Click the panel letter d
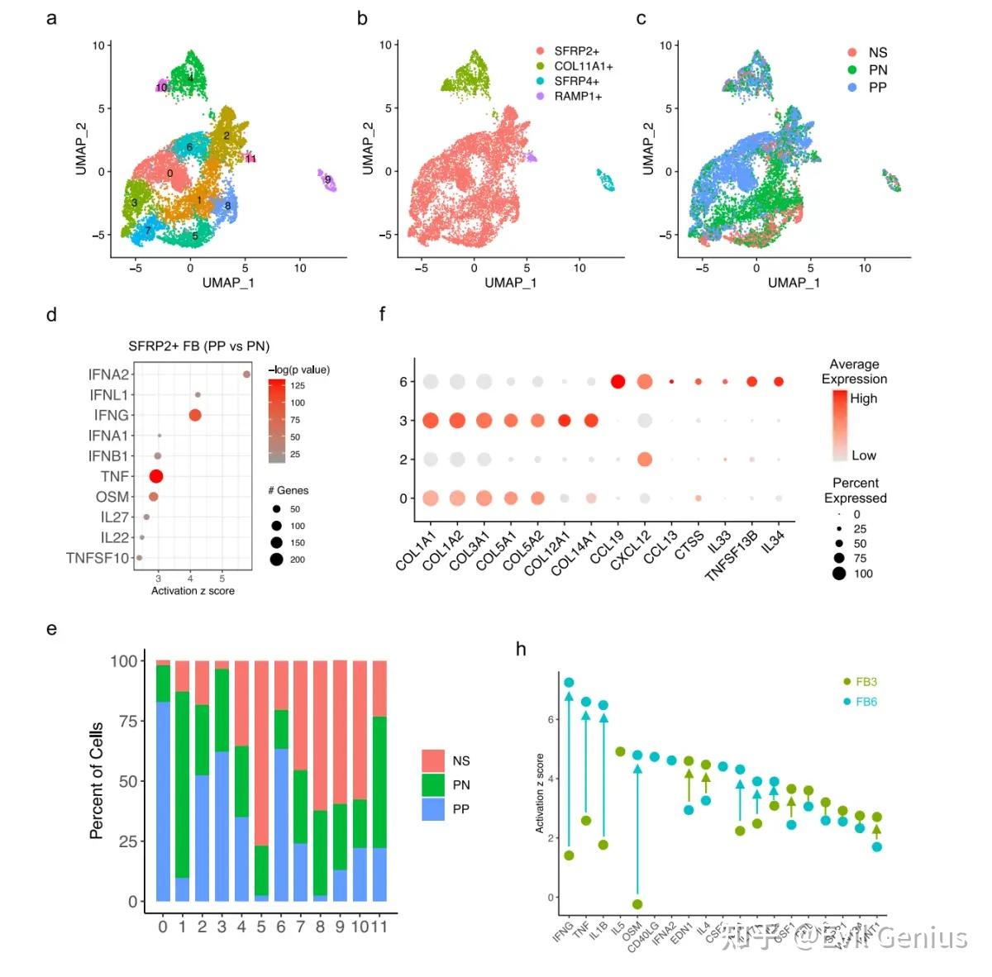coord(51,315)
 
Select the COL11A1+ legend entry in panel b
coord(583,66)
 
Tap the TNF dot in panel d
coord(155,476)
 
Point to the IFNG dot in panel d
coord(195,415)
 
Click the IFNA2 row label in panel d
coord(108,374)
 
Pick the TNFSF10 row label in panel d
coord(98,558)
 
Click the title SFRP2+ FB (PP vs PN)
coord(198,346)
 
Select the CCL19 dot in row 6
coord(617,381)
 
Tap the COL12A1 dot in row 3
coord(564,421)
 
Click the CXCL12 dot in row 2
coord(645,460)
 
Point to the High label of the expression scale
coord(863,398)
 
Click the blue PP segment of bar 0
coord(163,802)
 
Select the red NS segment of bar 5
coord(261,752)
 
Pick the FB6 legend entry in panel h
coord(866,702)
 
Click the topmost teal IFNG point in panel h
coord(569,683)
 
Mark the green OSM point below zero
coord(637,904)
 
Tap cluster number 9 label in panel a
coord(328,179)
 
